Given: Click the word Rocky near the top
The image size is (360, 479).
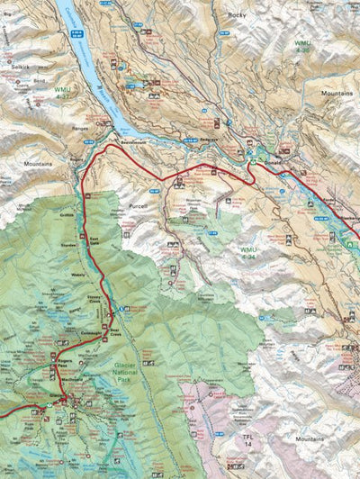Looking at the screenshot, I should tap(237, 15).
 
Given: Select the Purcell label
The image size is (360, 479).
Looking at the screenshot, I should tap(137, 206).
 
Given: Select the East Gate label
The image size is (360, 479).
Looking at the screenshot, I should tap(94, 241).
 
